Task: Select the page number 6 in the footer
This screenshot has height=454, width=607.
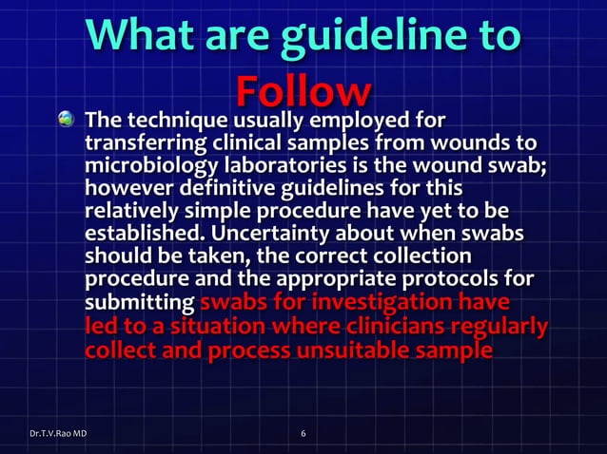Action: click(303, 434)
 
